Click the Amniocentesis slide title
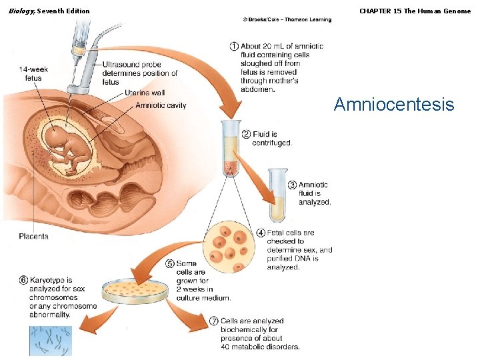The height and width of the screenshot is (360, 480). coord(393,105)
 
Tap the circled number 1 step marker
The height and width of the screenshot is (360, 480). coord(235,46)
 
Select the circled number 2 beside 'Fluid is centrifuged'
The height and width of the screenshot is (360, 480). coord(246,134)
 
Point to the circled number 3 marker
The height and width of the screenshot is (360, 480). coord(292,185)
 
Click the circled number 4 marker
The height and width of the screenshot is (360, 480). coord(261,233)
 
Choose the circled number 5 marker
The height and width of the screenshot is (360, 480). coord(170,264)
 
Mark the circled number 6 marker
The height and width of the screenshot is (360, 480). coord(23,281)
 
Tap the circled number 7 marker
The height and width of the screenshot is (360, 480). coord(214,321)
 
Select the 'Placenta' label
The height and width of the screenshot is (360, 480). coord(33,236)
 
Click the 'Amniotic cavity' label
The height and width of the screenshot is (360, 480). coord(161,105)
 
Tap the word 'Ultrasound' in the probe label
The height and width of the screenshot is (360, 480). coord(122,65)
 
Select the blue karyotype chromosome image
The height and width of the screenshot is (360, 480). coord(50,341)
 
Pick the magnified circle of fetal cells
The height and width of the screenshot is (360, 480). coord(229,248)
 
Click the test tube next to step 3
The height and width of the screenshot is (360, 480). coord(278,195)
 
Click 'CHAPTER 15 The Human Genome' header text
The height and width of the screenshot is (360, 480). coord(415,11)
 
